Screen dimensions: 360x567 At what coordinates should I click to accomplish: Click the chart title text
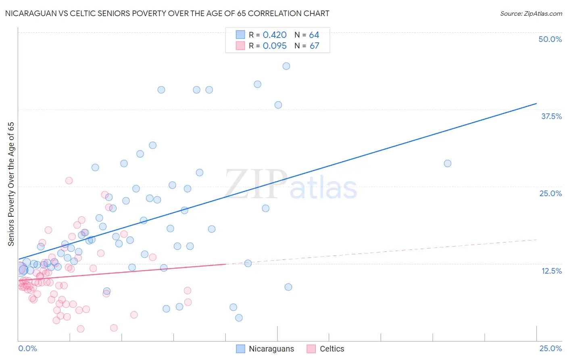(167, 13)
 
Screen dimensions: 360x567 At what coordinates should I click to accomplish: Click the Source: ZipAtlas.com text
(531, 13)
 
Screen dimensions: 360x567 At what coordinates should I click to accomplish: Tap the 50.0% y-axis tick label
(550, 39)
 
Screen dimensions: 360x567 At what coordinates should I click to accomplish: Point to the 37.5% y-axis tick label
(551, 116)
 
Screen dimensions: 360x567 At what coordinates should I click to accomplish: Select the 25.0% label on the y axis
(550, 193)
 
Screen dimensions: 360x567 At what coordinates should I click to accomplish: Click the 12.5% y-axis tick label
(551, 271)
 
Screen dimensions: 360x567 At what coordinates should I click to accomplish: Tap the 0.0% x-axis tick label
(27, 348)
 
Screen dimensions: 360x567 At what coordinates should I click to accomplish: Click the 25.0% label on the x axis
(550, 348)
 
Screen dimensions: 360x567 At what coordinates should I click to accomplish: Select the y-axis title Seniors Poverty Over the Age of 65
(11, 184)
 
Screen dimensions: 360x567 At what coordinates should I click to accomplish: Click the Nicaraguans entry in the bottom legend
(271, 349)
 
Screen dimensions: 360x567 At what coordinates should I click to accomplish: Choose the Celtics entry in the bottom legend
(331, 349)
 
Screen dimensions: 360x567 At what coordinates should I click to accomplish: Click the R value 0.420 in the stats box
(275, 35)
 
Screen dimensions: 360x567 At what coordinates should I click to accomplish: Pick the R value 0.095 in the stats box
(275, 46)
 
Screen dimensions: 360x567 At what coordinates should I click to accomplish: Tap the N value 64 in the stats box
(314, 35)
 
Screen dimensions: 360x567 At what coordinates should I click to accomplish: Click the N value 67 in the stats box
(314, 46)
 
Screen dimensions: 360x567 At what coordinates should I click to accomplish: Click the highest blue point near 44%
(286, 66)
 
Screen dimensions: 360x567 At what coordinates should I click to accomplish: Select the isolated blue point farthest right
(448, 163)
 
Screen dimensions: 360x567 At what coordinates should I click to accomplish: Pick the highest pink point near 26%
(69, 180)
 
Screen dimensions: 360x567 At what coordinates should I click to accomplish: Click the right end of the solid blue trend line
(536, 104)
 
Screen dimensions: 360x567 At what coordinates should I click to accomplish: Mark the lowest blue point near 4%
(239, 318)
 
